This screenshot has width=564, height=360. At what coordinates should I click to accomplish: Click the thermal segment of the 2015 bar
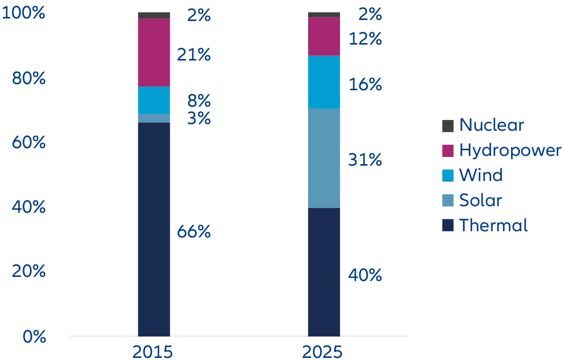tap(154, 229)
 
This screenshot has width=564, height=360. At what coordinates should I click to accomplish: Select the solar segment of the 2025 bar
tap(324, 158)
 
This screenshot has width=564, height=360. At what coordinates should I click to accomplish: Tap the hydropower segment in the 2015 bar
tap(154, 52)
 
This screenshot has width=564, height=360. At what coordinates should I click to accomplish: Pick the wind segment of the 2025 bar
tap(324, 82)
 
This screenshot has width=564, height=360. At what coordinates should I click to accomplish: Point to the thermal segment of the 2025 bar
tap(324, 272)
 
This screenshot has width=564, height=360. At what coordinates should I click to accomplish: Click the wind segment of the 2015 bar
tap(154, 100)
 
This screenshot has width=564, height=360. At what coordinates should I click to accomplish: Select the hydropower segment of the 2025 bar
tap(324, 36)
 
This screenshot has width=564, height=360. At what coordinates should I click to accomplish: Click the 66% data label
tap(194, 232)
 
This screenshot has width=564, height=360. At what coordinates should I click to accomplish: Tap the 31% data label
tap(365, 161)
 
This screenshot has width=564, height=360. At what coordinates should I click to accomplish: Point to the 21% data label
tap(194, 54)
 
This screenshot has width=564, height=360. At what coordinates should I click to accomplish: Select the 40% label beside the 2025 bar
tap(365, 276)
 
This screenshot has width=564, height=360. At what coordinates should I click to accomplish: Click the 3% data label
tap(198, 118)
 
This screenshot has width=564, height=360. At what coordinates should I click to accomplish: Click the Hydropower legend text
tap(510, 150)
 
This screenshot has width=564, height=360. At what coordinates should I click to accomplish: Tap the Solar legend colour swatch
tap(448, 201)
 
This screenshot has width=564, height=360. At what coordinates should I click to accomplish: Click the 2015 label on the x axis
tap(152, 352)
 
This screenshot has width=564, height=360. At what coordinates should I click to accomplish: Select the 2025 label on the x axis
tap(322, 352)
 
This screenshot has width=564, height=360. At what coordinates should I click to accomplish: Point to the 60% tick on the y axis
tap(29, 143)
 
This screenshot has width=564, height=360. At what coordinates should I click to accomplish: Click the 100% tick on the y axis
tap(24, 13)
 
